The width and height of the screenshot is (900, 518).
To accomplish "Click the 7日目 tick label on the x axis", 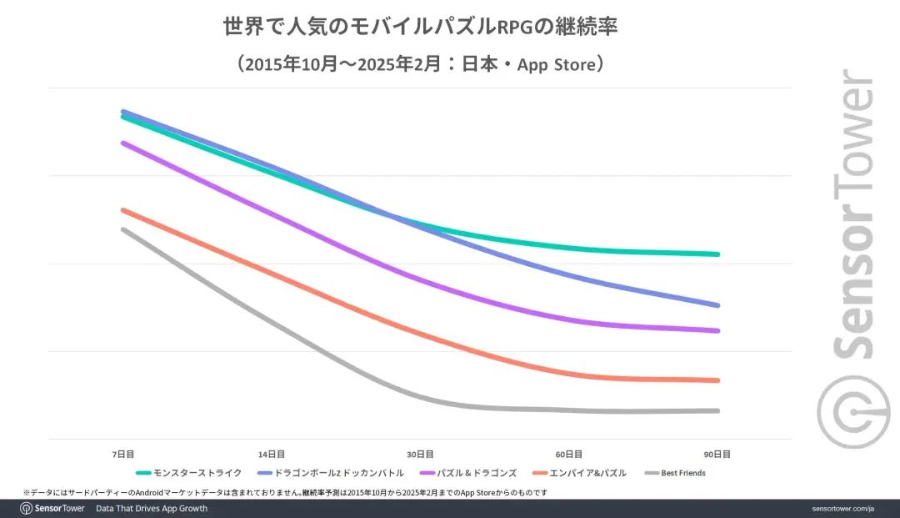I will (x=122, y=455).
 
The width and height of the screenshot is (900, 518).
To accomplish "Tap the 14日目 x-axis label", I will (x=272, y=455).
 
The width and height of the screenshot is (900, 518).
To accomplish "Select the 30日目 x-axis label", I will (x=420, y=455).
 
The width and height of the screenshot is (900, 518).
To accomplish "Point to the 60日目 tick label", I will (x=569, y=455).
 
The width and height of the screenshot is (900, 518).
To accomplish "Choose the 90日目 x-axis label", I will (x=717, y=455).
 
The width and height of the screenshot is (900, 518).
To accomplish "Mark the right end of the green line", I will (x=717, y=254).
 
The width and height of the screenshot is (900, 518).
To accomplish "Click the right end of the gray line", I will (x=717, y=410).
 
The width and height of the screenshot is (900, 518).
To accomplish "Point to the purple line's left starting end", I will (x=122, y=143).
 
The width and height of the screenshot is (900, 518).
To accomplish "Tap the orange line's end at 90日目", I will (x=717, y=380).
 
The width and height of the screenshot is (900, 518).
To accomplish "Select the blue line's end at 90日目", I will (x=717, y=305).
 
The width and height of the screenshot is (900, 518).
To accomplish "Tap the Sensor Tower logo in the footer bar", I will (x=52, y=508).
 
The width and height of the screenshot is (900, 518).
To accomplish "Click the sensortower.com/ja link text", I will (x=842, y=508).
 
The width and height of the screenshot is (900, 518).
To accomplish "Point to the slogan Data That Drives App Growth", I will (x=152, y=508).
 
